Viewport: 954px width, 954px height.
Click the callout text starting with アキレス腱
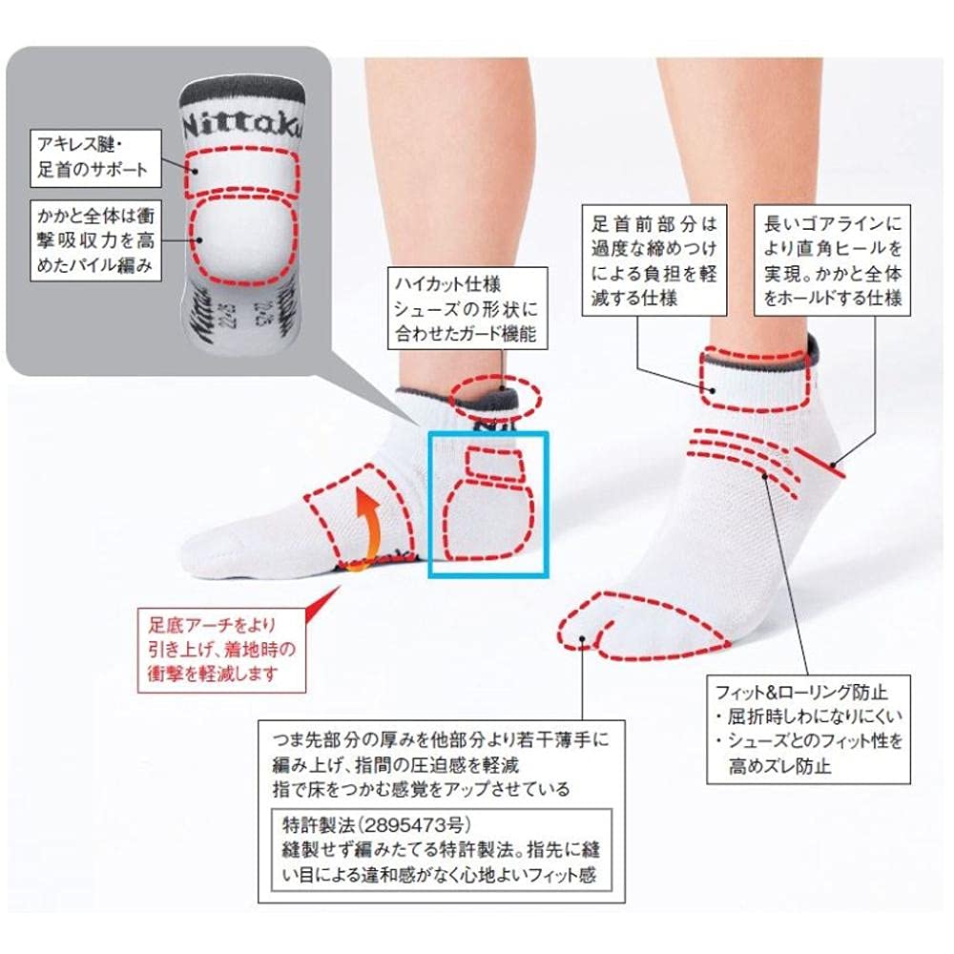click(90, 157)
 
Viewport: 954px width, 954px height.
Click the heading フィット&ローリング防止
click(800, 693)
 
